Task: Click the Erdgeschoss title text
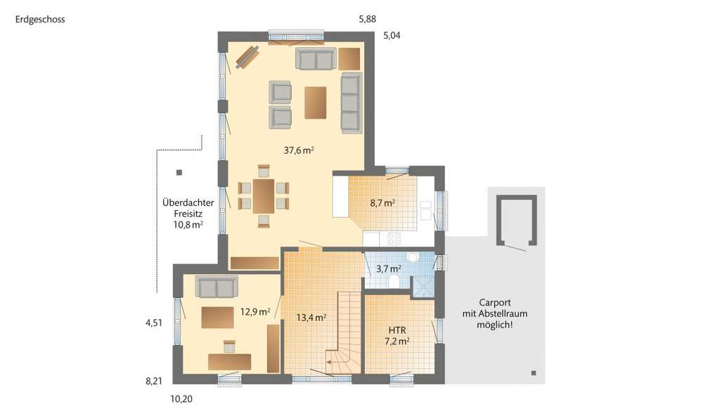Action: click(39, 20)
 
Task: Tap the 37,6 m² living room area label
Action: click(298, 150)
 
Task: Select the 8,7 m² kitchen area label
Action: click(382, 203)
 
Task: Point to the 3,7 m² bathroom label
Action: click(388, 268)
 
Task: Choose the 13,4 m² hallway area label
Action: click(310, 318)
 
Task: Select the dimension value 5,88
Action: click(368, 20)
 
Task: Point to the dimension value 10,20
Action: click(181, 398)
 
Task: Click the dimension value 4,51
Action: click(154, 323)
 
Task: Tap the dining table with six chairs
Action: click(264, 195)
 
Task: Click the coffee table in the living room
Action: click(316, 102)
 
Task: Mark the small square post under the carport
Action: click(534, 372)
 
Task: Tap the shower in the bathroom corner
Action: click(423, 285)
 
